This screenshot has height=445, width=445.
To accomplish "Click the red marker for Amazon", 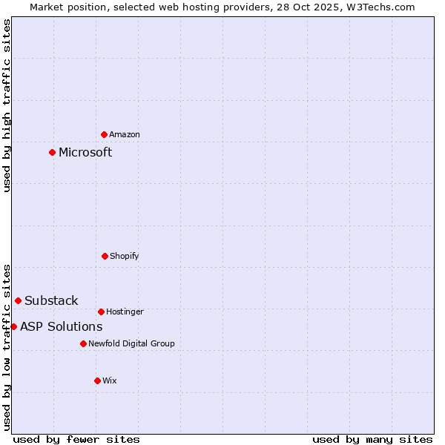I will tap(104, 134).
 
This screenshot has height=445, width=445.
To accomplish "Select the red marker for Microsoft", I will tap(52, 152).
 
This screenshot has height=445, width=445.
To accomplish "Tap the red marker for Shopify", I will tap(105, 256).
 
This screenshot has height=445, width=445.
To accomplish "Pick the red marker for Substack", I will tap(18, 300).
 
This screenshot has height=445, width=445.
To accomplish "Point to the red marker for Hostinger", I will tap(101, 311).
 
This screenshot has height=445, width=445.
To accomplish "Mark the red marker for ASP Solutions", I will tap(13, 326).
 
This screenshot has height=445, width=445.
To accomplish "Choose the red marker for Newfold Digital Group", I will tap(83, 343).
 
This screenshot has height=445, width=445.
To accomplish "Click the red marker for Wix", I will tap(97, 380).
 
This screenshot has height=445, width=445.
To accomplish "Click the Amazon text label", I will tap(125, 134).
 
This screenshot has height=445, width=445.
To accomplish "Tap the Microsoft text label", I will tap(85, 152).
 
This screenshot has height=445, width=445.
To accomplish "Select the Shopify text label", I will tap(125, 256).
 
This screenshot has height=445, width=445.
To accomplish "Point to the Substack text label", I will tap(51, 300).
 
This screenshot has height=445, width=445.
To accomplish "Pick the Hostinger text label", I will tap(125, 311).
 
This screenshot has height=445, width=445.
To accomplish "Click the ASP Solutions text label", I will tap(61, 326).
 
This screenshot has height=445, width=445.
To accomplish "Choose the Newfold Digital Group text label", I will tap(131, 343).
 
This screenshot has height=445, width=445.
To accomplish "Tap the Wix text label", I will tap(110, 380).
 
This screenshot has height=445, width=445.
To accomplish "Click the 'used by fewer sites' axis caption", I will tap(76, 439).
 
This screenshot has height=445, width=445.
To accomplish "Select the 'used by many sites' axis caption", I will tap(372, 439).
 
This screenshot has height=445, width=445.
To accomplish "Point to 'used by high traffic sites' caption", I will tap(7, 105).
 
